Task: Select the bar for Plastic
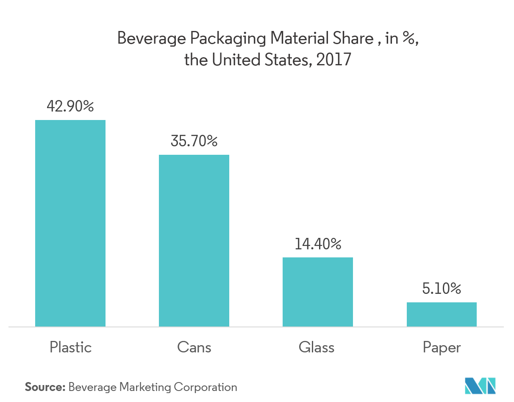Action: [70, 223]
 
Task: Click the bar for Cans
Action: [194, 240]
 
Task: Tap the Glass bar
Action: [317, 292]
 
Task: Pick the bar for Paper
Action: [442, 314]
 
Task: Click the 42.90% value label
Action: [70, 106]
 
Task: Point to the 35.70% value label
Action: [194, 141]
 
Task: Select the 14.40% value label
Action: [317, 244]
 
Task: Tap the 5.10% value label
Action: [442, 289]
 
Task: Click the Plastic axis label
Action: [70, 347]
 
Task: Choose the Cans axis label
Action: [194, 347]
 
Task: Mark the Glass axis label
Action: [317, 347]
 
